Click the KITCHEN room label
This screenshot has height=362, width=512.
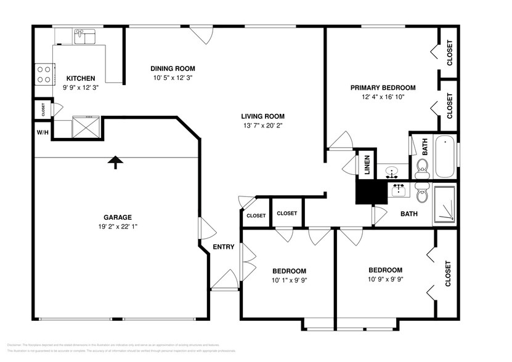coord(81,78)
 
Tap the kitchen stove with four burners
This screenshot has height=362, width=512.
coord(43,74)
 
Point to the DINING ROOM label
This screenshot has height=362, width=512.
coord(173,68)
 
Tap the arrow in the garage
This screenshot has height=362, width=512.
coord(115,161)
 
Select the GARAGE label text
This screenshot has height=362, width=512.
coord(117,217)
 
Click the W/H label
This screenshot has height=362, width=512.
coord(43,132)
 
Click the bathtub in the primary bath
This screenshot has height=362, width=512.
coord(444,158)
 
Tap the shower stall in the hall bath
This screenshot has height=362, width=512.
coord(444,203)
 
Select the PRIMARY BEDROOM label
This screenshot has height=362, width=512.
coord(383,87)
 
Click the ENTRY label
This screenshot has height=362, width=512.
coord(223,247)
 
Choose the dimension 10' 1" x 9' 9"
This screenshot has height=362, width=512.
coord(289,280)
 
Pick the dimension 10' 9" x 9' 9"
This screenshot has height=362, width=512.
coord(385,279)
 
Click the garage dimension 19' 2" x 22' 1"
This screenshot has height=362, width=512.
coord(117,226)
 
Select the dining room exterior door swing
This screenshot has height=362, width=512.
coord(200,35)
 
